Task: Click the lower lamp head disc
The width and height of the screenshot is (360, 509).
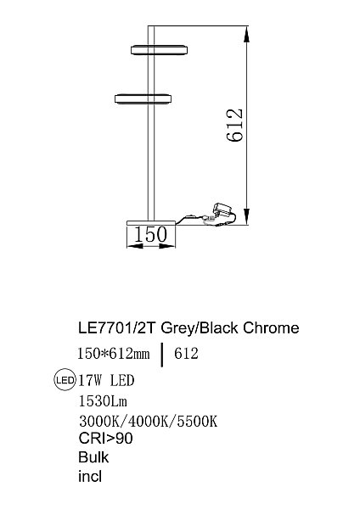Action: [143, 98]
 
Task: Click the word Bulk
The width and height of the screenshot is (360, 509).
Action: [93, 457]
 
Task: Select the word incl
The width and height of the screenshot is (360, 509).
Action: [89, 477]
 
